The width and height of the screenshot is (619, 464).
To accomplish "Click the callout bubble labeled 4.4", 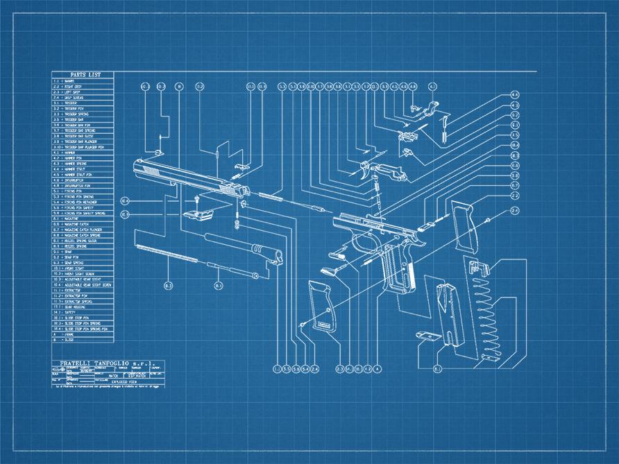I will [515, 94].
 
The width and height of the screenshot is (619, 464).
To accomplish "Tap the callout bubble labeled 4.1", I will [432, 87].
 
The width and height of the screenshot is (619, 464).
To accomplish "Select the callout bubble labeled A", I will [377, 368].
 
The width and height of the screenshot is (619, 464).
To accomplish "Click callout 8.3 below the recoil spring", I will [168, 285].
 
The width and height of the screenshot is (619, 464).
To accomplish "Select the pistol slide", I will [187, 179].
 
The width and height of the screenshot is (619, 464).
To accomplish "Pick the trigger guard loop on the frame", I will [361, 246].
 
